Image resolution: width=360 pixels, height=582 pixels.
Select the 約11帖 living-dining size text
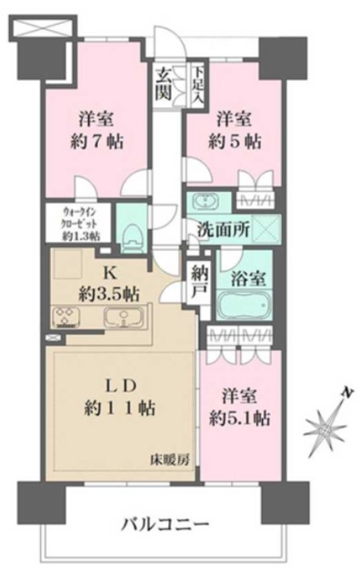pyautogui.click(x=122, y=408)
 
